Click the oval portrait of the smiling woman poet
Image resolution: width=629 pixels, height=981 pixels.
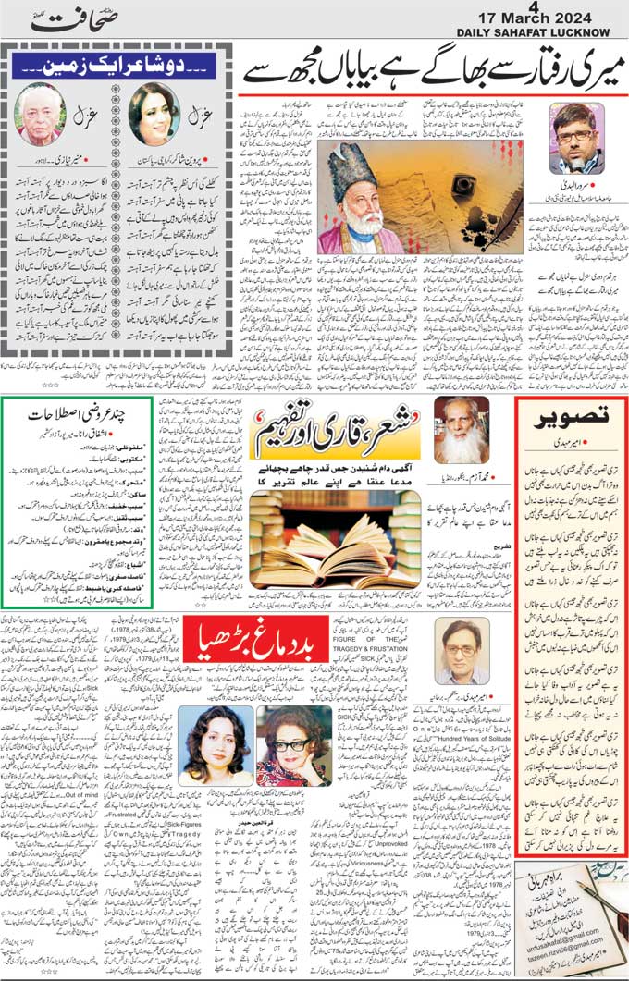(x=154, y=114)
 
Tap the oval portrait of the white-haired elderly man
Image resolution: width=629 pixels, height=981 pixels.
(x=39, y=114)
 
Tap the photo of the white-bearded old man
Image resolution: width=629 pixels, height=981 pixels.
(x=462, y=432)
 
